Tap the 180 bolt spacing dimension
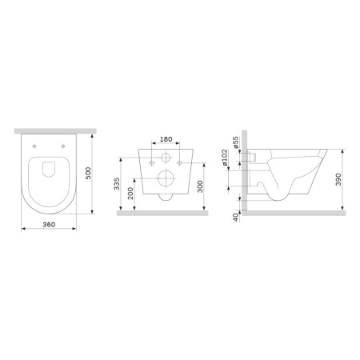click(x=166, y=139)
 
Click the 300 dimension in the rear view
click(x=209, y=187)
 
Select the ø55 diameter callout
click(x=237, y=145)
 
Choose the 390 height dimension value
click(x=342, y=180)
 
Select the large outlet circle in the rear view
click(x=166, y=178)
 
